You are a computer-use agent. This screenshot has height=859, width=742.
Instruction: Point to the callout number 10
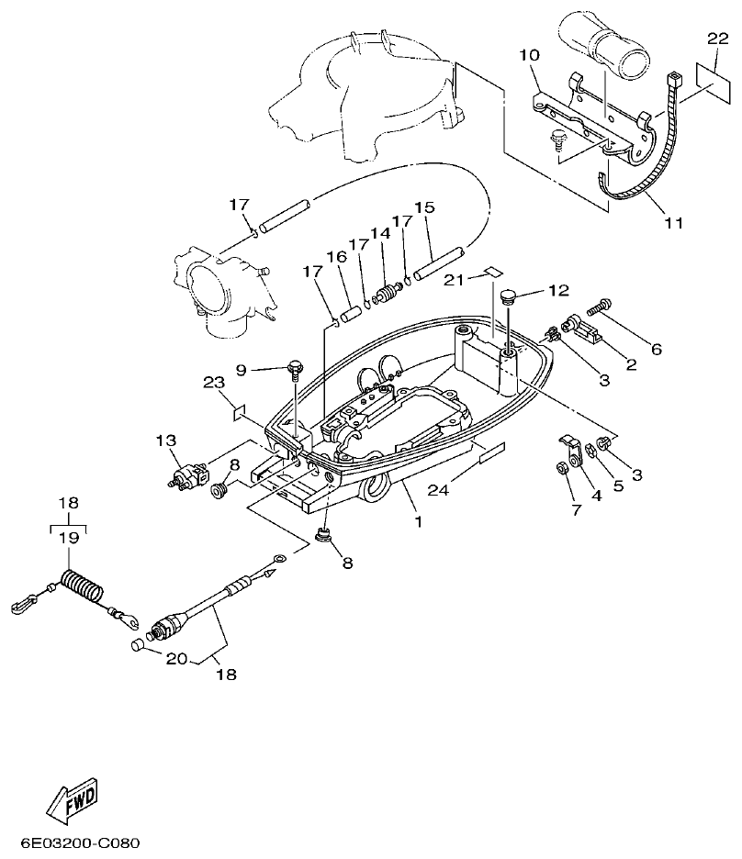point(529,56)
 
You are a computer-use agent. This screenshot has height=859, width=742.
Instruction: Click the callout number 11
point(675,223)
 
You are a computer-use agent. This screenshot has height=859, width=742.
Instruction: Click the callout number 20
point(175,656)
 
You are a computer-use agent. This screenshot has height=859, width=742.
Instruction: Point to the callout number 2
point(631,364)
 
